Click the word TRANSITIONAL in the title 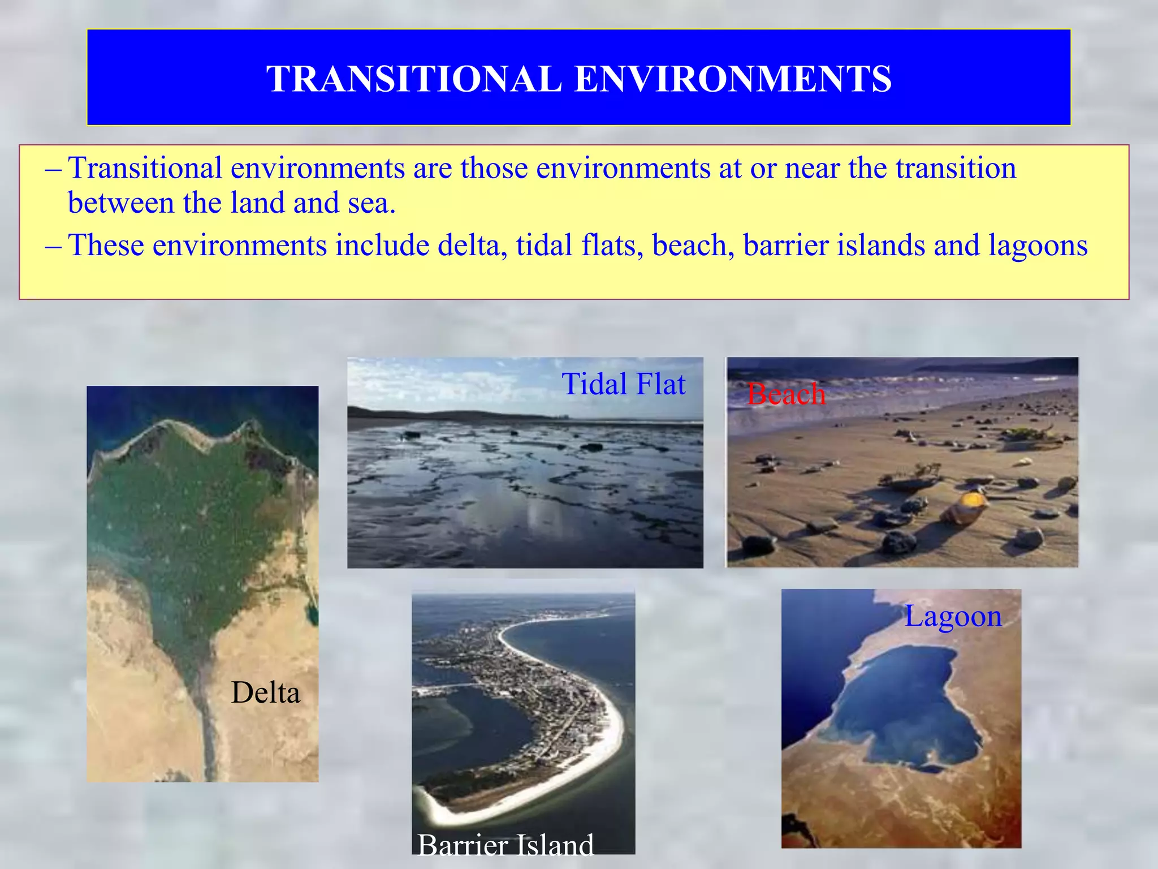point(414,79)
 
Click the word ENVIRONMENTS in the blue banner point(733,79)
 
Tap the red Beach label point(786,394)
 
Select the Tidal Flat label point(623,384)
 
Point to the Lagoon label point(953,616)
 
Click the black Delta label point(265,692)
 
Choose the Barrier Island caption point(505,845)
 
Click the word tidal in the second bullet point(544,246)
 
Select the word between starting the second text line point(120,203)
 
